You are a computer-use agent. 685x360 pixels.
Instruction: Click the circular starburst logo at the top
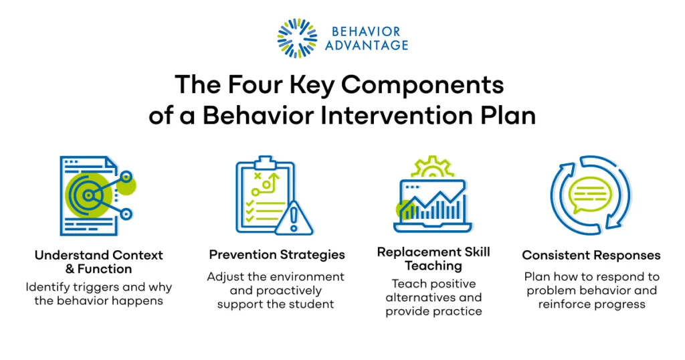(x=297, y=38)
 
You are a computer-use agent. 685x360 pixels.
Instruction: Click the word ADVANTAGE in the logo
(x=367, y=46)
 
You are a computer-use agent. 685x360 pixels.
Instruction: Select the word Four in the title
(x=255, y=84)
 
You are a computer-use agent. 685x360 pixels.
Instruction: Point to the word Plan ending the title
(x=508, y=116)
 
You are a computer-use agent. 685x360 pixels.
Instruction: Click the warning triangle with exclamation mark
(x=294, y=218)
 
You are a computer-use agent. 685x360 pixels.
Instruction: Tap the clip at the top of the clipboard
(x=265, y=163)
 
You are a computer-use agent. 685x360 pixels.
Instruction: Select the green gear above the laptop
(x=433, y=167)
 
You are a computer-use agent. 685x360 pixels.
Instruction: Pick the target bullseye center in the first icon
(x=89, y=195)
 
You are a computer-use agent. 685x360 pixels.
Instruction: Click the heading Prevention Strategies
(x=277, y=255)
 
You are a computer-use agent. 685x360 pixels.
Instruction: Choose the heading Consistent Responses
(x=591, y=255)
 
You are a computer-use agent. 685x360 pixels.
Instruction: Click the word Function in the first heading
(x=104, y=269)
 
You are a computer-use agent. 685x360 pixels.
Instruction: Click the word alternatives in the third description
(x=419, y=298)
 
